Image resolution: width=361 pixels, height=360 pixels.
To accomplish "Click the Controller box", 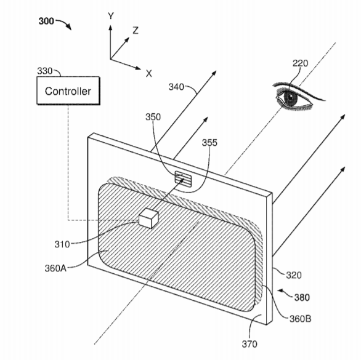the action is pos(68,90).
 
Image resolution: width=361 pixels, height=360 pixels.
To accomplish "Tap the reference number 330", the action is pos(45,71).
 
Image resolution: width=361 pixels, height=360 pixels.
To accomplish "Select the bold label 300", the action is pos(46,21).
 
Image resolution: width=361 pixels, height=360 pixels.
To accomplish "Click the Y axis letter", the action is pos(111,16).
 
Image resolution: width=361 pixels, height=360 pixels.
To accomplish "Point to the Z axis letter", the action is pos(136,30).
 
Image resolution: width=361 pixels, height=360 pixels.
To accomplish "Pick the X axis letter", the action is pos(149,74).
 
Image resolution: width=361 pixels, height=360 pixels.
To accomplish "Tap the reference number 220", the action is pos(300,63).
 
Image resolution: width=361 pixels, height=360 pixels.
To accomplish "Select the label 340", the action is pos(176,87).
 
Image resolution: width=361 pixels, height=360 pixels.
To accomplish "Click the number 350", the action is pos(153,117).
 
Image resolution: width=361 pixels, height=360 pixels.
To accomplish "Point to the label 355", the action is pos(209,143).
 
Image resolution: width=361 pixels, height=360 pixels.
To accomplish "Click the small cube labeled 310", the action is pos(148,218).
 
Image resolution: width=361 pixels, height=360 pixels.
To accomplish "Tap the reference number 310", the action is pos(62,244).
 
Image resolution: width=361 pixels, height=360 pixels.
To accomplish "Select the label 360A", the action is pos(55,268).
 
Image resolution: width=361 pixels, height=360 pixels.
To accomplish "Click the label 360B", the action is pos(300,319).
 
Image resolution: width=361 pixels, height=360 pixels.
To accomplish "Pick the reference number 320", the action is pos(294,275).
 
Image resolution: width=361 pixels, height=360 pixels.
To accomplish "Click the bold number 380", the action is pos(302,297).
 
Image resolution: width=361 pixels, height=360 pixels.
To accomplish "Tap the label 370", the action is pos(249,344).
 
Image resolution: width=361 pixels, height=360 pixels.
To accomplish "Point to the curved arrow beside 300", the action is pos(64,24).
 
